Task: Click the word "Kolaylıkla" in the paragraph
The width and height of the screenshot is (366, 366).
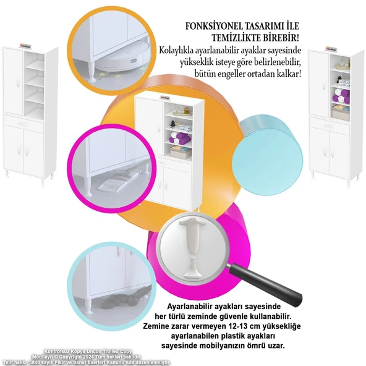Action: (179, 49)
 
